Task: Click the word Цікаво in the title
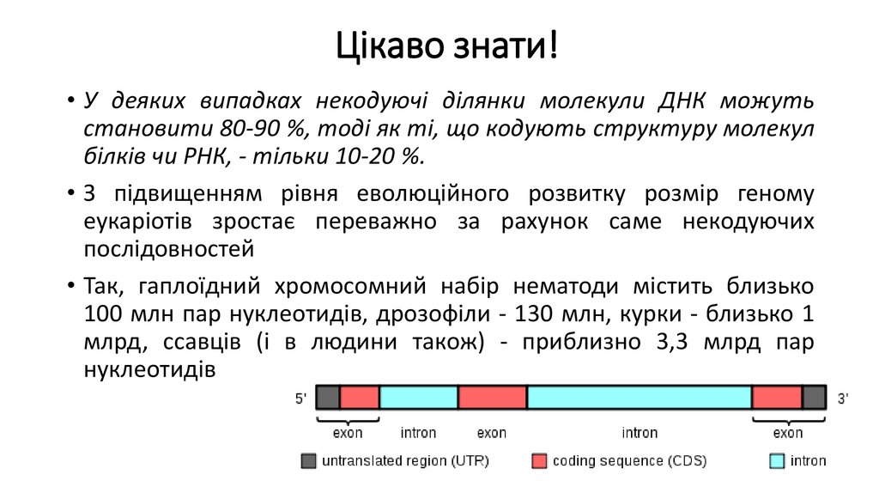click(385, 44)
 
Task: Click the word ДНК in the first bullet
click(682, 100)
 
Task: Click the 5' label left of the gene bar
click(301, 399)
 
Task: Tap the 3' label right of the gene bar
click(843, 399)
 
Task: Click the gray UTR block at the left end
click(328, 397)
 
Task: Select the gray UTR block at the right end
click(814, 397)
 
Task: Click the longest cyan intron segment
click(640, 397)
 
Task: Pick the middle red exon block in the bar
click(492, 397)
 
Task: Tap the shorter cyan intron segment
click(419, 397)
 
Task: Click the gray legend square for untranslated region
click(308, 461)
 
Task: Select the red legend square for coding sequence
click(539, 461)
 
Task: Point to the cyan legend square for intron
click(776, 461)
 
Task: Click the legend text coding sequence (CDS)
click(629, 461)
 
